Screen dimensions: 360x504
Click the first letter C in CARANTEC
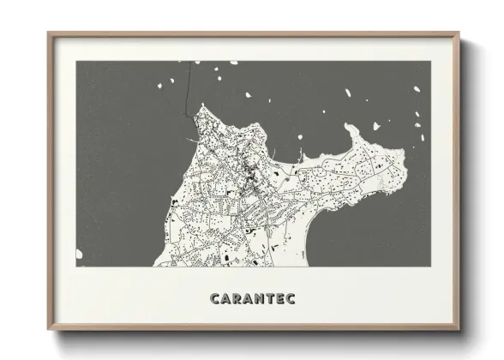pyautogui.click(x=215, y=298)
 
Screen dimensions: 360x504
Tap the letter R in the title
pyautogui.click(x=236, y=298)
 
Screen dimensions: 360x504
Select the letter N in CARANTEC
pyautogui.click(x=256, y=298)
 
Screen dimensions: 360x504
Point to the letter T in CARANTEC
pyautogui.click(x=267, y=298)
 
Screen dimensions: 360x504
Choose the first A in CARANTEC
pyautogui.click(x=225, y=298)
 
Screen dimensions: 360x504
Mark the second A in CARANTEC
pyautogui.click(x=246, y=298)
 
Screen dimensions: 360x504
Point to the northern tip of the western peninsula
pyautogui.click(x=201, y=106)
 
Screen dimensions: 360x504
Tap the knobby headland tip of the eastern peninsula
pyautogui.click(x=352, y=129)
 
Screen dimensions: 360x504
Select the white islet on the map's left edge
pyautogui.click(x=79, y=254)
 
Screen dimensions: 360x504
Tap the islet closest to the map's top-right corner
pyautogui.click(x=417, y=89)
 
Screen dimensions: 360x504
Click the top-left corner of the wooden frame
pyautogui.click(x=49, y=33)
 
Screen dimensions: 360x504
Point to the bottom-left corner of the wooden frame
pyautogui.click(x=49, y=329)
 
